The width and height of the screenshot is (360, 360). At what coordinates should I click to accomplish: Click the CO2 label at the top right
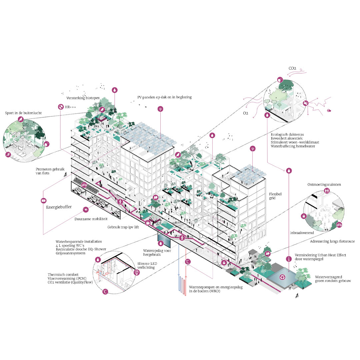[x=293, y=69]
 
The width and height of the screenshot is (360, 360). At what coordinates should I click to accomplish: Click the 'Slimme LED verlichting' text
[x=146, y=265]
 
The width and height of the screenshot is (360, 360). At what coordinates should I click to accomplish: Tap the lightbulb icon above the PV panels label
[x=161, y=109]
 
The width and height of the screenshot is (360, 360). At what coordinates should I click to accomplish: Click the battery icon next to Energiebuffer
[x=43, y=201]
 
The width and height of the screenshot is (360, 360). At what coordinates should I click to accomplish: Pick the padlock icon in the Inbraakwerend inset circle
[x=304, y=216]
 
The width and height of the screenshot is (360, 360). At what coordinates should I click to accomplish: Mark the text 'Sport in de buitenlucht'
[x=24, y=113]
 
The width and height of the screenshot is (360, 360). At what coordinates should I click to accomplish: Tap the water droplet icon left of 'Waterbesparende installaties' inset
[x=98, y=259]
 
